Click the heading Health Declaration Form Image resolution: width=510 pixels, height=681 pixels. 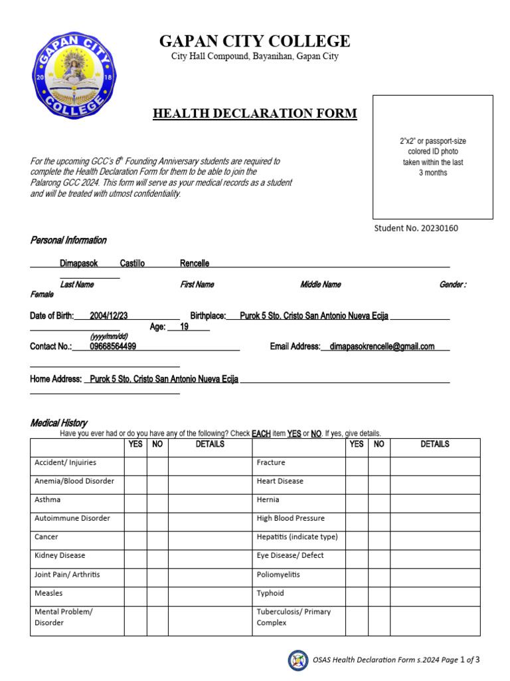point(255,114)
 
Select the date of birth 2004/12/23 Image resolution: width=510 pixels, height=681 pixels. point(109,316)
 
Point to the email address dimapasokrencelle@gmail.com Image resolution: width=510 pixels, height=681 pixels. point(382,346)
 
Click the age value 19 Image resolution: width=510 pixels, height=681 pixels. point(185,327)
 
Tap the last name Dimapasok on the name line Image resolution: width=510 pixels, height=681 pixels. point(79,263)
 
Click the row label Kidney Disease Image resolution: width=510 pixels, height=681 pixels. point(60,555)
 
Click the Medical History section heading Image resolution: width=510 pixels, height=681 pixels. point(58,423)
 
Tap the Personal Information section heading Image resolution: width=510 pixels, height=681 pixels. point(68,240)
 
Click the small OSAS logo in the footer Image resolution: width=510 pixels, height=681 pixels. point(297,660)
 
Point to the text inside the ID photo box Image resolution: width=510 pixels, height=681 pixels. point(432,157)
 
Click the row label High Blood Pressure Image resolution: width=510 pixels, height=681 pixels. point(291,518)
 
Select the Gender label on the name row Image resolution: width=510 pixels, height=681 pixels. point(452,285)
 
